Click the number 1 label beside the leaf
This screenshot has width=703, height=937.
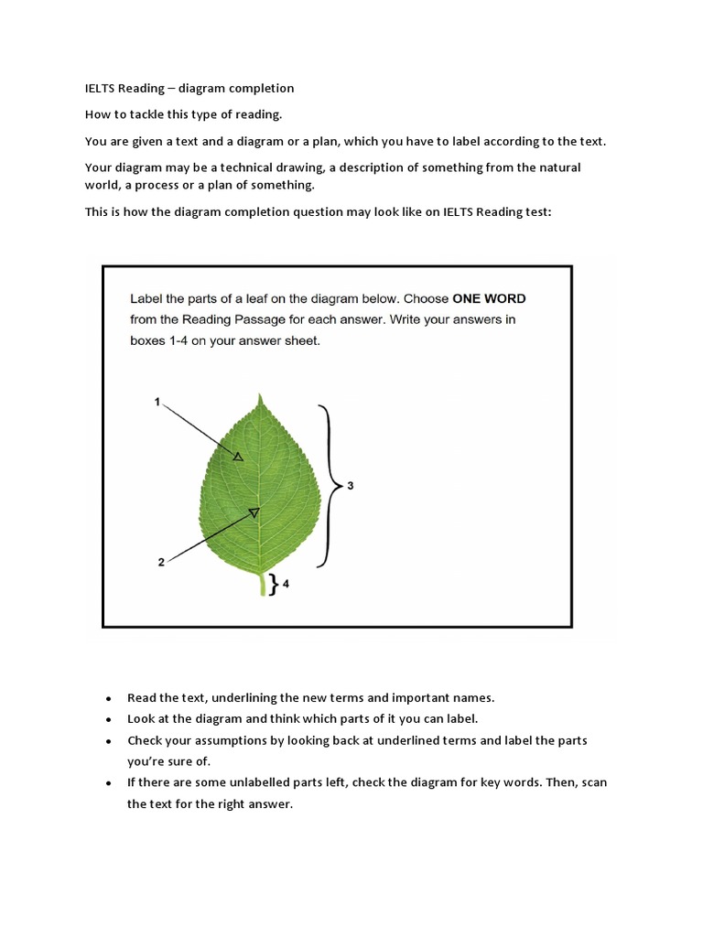pos(157,402)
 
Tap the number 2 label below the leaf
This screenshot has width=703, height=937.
pos(161,562)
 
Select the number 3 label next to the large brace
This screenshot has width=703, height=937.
pos(350,486)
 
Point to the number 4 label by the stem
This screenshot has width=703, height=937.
pos(286,583)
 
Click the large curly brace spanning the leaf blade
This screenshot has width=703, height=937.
pos(328,485)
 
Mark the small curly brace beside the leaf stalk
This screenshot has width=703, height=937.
pos(273,583)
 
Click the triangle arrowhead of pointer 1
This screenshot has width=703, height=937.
pos(238,456)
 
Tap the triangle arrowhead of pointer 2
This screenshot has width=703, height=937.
pos(254,513)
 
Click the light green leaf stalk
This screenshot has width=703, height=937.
pos(263,584)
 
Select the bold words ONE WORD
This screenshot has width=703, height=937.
pos(489,298)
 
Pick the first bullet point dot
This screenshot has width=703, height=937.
pos(109,698)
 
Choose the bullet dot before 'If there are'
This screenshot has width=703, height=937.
pos(109,783)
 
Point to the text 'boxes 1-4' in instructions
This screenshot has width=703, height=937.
pos(161,340)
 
